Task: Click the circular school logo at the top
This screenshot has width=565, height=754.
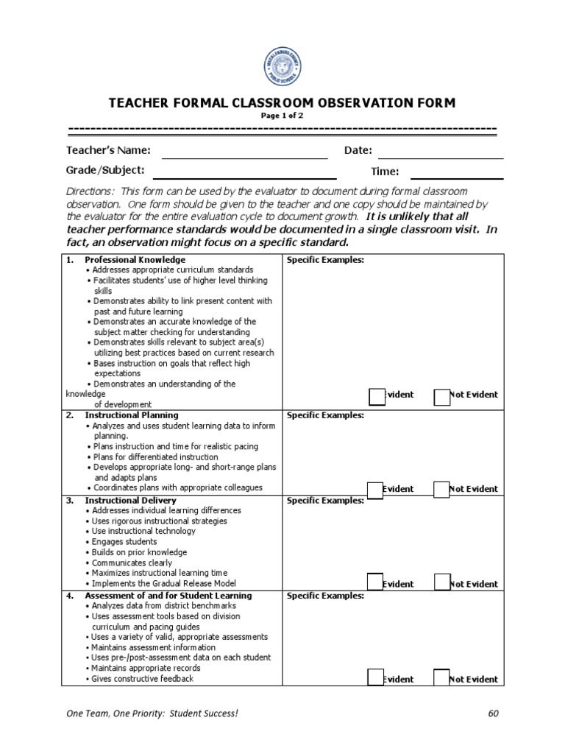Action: click(x=282, y=67)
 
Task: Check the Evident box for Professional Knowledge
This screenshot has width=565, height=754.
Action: click(x=377, y=397)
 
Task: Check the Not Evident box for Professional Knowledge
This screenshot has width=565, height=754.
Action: click(x=441, y=397)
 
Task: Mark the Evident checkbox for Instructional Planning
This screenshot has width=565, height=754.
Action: click(x=375, y=490)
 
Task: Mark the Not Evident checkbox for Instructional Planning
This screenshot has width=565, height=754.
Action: click(x=441, y=490)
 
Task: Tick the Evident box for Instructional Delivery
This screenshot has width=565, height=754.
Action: click(x=375, y=582)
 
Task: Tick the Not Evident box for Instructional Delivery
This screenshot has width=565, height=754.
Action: click(x=441, y=582)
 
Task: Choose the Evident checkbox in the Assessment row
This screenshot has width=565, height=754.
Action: click(x=375, y=677)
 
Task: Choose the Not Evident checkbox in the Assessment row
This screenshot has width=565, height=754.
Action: click(x=441, y=677)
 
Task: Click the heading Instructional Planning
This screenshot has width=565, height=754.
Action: click(x=132, y=415)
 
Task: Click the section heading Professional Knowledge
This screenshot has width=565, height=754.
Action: click(x=135, y=260)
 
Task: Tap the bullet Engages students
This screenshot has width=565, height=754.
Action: click(x=124, y=542)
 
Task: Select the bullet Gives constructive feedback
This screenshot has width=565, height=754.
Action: click(x=142, y=678)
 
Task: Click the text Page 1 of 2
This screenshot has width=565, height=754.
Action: click(x=282, y=116)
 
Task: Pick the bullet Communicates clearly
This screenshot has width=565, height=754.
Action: click(x=132, y=563)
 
